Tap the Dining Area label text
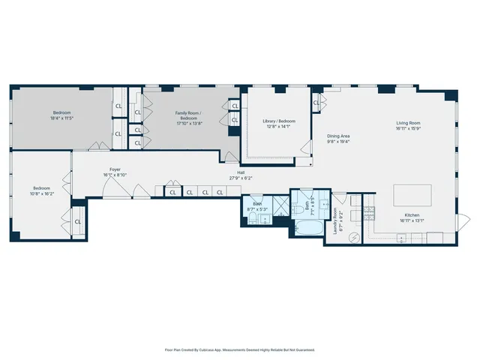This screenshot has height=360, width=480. (338, 136)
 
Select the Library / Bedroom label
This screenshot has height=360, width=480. (279, 121)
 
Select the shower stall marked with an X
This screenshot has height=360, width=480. (279, 205)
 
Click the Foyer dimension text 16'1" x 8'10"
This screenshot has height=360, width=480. (115, 175)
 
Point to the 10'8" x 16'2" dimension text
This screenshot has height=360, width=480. (41, 193)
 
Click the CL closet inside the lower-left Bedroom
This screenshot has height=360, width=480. (78, 221)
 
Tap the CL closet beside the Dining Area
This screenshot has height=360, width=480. (316, 103)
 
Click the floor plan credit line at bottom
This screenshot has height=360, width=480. (239, 349)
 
